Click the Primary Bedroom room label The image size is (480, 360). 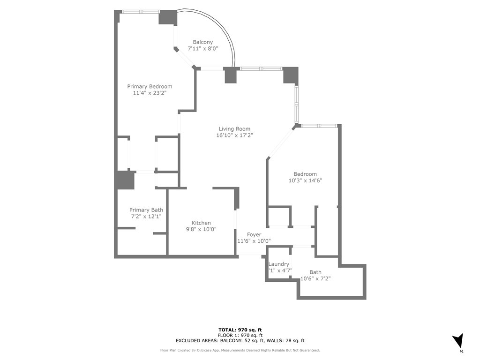coord(150,86)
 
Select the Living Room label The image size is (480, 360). coord(234,129)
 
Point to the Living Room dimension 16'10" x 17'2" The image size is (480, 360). coord(234,135)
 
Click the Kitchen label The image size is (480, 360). coord(201,223)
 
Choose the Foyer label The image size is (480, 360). coord(254,234)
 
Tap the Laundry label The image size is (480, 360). coord(278,264)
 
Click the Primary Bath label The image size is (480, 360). coord(146,210)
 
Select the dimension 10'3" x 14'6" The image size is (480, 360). coord(305,180)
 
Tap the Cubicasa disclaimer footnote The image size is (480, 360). coord(240,350)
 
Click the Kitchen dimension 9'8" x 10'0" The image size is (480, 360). coord(201,229)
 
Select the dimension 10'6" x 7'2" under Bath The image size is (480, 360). coord(315,278)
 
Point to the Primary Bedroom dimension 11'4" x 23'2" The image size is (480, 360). coord(150,93)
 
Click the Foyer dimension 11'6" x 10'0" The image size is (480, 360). coord(254,241)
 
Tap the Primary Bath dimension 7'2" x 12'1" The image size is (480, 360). coord(146,217)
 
